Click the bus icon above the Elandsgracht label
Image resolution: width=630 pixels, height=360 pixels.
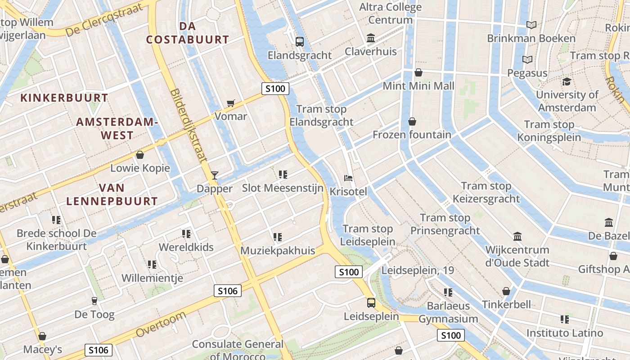click(x=299, y=42)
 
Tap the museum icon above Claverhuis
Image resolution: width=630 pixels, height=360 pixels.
click(x=371, y=38)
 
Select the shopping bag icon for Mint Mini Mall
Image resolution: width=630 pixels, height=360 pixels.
click(x=418, y=72)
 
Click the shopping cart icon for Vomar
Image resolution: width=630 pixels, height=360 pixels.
click(x=231, y=103)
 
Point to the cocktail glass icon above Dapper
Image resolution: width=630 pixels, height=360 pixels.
click(x=215, y=175)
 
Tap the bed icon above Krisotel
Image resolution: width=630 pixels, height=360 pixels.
click(x=348, y=178)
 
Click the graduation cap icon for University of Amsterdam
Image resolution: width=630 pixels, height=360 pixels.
click(x=567, y=81)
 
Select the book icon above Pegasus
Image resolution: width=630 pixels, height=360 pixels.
click(x=527, y=59)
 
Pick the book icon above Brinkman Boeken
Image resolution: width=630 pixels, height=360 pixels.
click(x=531, y=25)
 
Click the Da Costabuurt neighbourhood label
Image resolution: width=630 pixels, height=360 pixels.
click(x=188, y=33)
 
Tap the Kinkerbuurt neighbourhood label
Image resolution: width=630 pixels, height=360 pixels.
click(x=64, y=98)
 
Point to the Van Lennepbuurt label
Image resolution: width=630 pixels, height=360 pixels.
click(x=112, y=194)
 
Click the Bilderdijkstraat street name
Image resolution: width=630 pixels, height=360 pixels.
click(x=189, y=125)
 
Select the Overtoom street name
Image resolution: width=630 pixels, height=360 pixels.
click(x=161, y=324)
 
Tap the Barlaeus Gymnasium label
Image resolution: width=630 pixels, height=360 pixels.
click(x=448, y=312)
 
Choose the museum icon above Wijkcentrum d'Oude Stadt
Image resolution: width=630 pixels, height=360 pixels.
click(x=517, y=237)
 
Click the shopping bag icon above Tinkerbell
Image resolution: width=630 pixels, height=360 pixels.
click(x=506, y=291)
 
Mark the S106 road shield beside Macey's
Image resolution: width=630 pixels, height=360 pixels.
click(x=99, y=350)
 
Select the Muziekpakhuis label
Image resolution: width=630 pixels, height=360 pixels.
click(x=278, y=251)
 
